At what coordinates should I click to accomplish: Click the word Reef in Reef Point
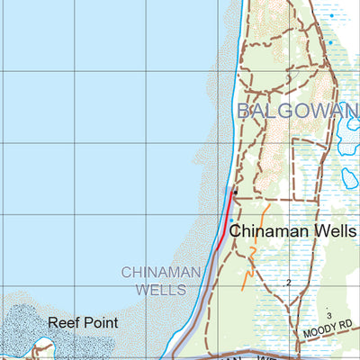point(63,321)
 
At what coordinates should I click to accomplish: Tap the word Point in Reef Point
point(100,321)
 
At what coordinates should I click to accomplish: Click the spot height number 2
point(289,283)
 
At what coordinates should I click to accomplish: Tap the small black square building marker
point(234,192)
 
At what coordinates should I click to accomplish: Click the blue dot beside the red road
point(231,220)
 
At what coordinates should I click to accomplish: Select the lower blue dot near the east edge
point(330,42)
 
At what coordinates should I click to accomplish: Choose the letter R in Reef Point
point(53,321)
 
